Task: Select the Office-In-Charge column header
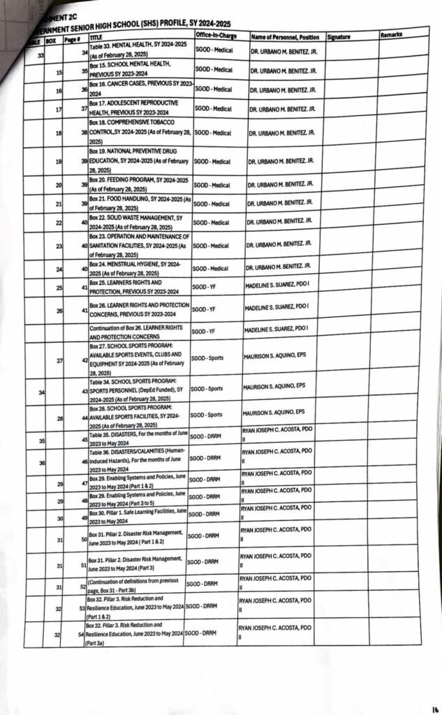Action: pyautogui.click(x=215, y=34)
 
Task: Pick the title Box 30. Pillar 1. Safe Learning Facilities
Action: pyautogui.click(x=135, y=517)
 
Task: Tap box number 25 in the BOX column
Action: pyautogui.click(x=59, y=287)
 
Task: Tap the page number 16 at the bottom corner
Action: pyautogui.click(x=434, y=705)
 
